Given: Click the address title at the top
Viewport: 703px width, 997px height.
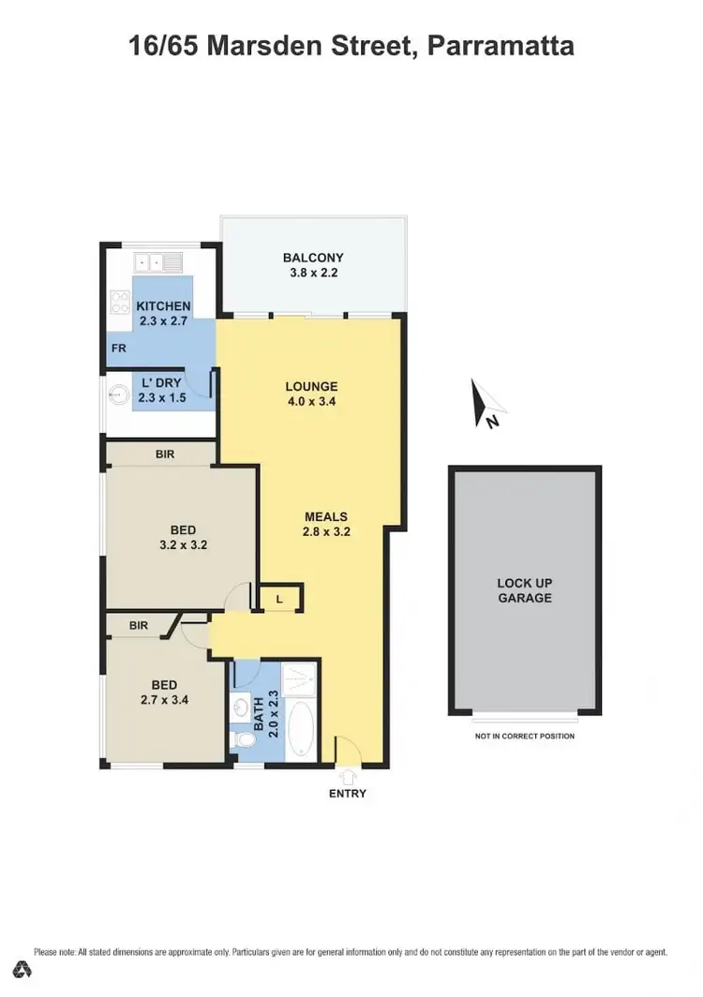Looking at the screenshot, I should click(351, 46).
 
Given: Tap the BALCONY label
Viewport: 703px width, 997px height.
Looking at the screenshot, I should click(313, 258).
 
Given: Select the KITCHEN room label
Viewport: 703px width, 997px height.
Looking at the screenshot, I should click(164, 306).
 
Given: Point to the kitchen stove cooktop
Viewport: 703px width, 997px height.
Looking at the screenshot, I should click(121, 302).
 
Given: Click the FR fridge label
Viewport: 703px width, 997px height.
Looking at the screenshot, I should click(119, 349).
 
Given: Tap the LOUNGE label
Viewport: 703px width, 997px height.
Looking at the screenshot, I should click(310, 386).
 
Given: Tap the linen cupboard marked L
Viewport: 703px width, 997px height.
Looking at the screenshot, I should click(280, 597).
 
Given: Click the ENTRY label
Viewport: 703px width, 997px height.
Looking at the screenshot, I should click(347, 794).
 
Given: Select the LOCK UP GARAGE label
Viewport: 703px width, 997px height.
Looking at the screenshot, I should click(524, 590).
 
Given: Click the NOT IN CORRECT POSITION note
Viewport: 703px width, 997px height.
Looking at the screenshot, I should click(524, 737).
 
